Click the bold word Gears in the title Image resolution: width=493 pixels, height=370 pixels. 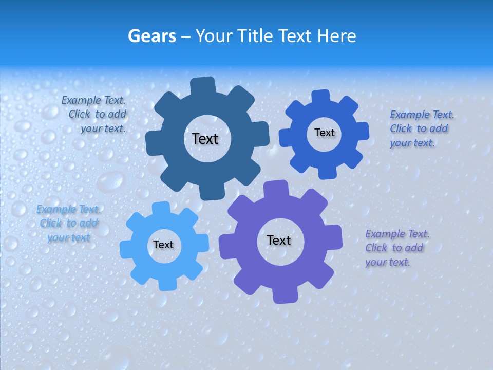(152, 36)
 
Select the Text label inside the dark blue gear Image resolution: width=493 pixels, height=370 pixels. (205, 139)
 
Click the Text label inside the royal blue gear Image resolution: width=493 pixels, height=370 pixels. (324, 133)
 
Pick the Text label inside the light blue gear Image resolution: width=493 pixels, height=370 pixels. (163, 245)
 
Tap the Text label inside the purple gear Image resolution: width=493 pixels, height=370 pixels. (279, 240)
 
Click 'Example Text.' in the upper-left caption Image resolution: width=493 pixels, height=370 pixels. (93, 100)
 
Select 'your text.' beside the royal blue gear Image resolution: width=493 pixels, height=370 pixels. (412, 143)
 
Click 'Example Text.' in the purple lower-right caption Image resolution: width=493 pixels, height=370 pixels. (397, 234)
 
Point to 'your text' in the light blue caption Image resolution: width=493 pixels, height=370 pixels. (68, 237)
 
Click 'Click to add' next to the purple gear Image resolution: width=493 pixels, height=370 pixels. (394, 248)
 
